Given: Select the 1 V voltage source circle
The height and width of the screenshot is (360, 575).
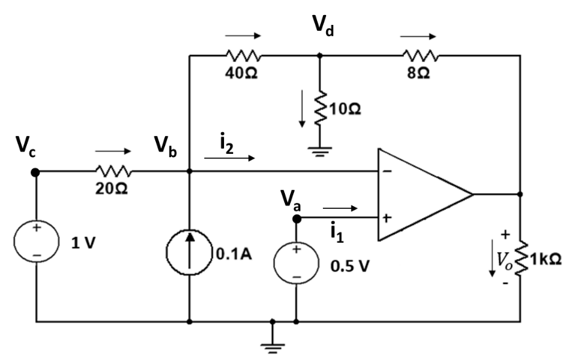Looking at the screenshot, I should point(36,243).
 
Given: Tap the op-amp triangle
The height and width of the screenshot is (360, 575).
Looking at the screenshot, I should point(419,194).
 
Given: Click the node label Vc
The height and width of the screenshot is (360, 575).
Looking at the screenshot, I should point(27,148).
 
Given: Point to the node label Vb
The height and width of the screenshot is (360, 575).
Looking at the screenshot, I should point(168,147).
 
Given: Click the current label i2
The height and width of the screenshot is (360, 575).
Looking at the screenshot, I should point(226,141).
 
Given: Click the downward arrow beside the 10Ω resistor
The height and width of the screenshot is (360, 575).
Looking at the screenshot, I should point(302,112).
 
